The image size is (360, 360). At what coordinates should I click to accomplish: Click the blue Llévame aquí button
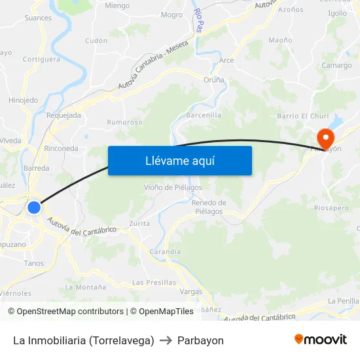(179, 160)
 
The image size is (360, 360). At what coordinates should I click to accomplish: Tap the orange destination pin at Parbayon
(325, 139)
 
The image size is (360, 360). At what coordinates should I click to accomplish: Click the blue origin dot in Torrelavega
(34, 207)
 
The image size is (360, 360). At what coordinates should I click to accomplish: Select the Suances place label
(38, 18)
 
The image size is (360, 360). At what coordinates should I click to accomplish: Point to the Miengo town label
(117, 5)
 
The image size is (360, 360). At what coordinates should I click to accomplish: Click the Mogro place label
(171, 14)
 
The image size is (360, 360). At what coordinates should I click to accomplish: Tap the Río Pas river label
(198, 21)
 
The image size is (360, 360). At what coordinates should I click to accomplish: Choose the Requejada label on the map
(64, 115)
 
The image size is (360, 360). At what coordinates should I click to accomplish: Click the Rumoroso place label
(124, 122)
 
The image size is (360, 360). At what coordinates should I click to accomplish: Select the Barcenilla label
(204, 115)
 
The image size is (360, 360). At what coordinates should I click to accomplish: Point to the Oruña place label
(213, 80)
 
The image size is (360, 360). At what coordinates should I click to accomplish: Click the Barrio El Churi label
(302, 116)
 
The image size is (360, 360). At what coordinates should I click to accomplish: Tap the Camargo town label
(336, 65)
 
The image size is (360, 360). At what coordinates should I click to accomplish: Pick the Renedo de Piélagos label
(209, 207)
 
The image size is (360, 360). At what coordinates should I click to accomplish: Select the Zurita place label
(139, 223)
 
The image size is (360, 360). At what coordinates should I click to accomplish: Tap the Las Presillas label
(154, 282)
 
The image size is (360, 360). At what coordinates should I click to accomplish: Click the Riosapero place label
(332, 207)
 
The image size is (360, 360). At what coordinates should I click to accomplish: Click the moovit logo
(320, 339)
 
